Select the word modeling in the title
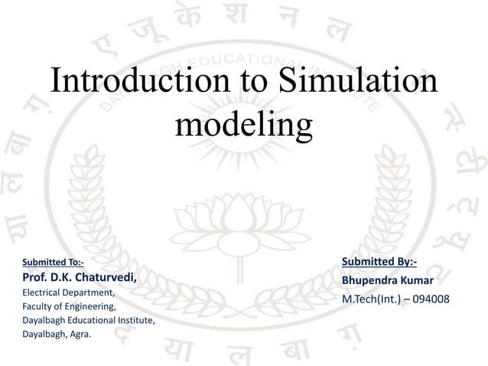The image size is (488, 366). tap(244, 123)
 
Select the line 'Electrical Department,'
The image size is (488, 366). tap(69, 292)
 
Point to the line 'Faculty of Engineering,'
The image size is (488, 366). tap(70, 306)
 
